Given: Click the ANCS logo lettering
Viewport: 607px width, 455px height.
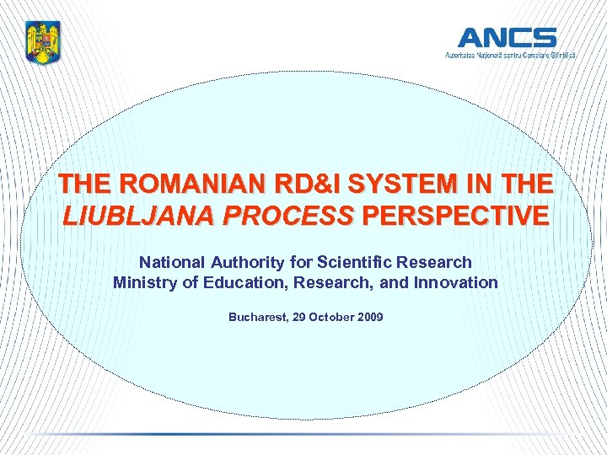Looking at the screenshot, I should click(x=507, y=38).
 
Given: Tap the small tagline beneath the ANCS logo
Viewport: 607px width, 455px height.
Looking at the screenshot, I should click(x=511, y=55).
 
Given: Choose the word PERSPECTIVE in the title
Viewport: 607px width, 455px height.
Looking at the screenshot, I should click(x=454, y=215).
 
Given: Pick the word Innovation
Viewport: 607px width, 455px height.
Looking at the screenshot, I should click(x=456, y=282).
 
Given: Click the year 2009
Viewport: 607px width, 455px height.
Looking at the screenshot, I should click(x=370, y=318).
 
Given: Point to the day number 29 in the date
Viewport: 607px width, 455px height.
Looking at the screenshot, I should click(x=301, y=318).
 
